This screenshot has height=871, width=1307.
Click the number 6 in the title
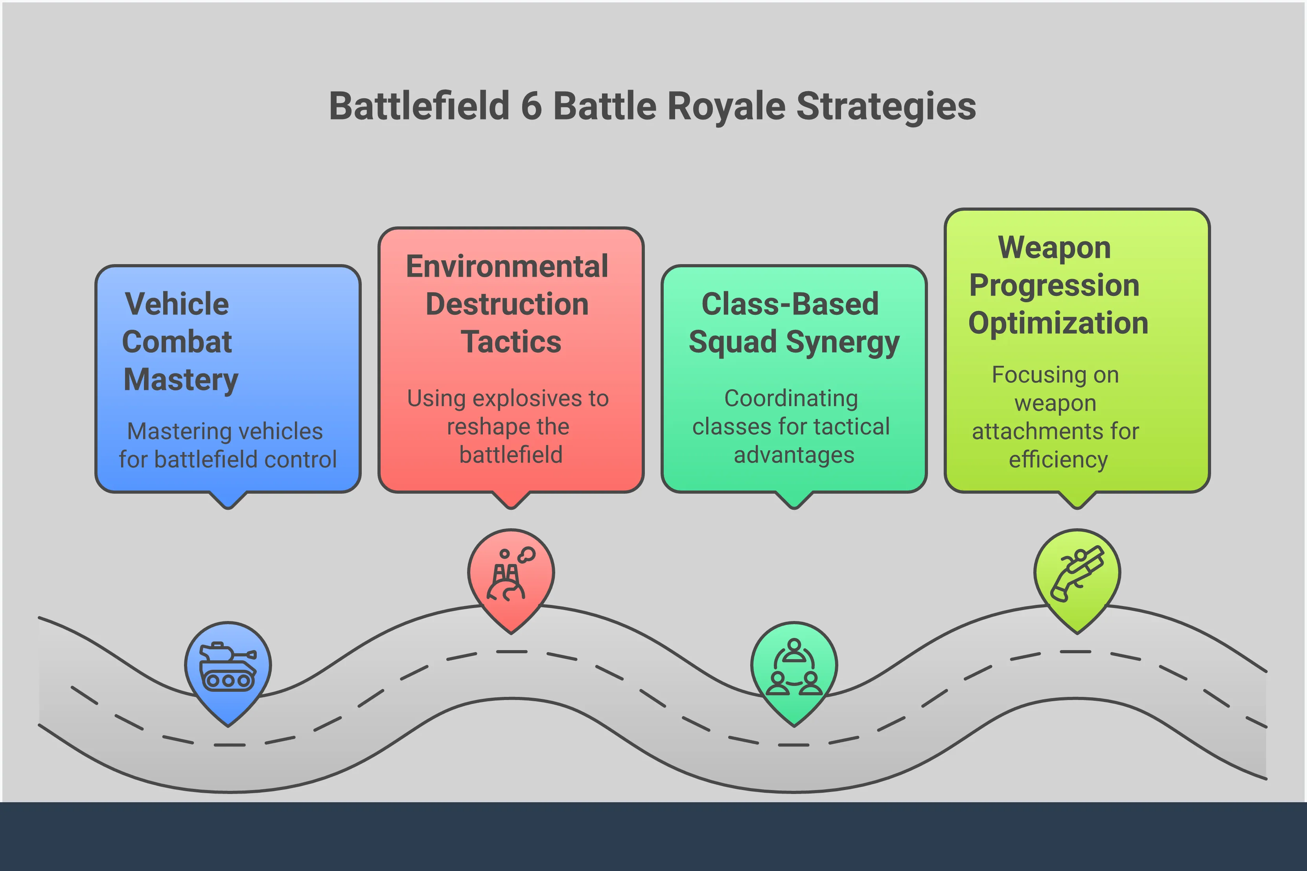click(x=531, y=106)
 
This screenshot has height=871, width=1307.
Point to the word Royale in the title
click(x=726, y=106)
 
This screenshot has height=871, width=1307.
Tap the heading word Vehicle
click(x=177, y=304)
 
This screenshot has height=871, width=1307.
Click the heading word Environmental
click(x=507, y=266)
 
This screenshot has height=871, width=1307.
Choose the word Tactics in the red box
click(x=511, y=342)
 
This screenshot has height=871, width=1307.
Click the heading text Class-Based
click(x=790, y=304)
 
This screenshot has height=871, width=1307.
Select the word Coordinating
click(x=791, y=398)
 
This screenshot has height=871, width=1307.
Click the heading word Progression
click(x=1054, y=285)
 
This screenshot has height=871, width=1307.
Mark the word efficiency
click(x=1058, y=460)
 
